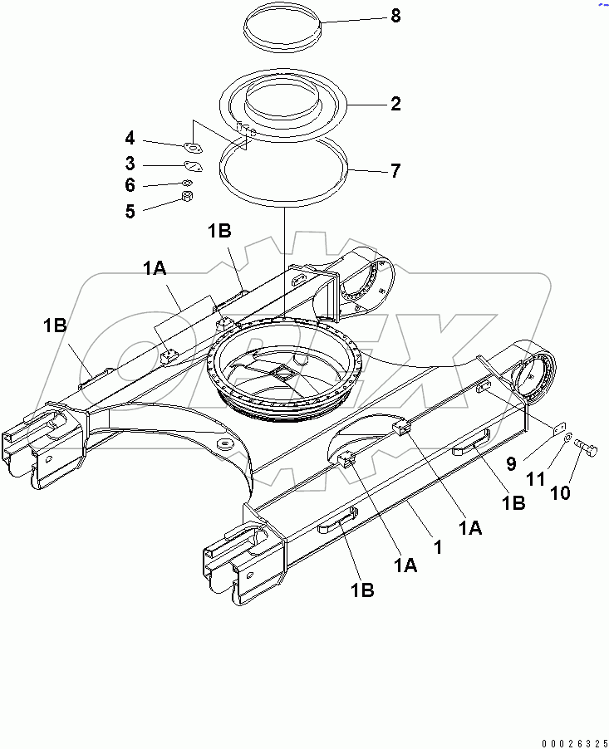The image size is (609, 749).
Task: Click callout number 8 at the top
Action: tap(395, 16)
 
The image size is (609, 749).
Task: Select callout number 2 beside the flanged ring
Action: tap(395, 104)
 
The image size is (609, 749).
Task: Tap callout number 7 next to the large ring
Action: tap(395, 171)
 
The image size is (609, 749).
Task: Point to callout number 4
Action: tap(130, 138)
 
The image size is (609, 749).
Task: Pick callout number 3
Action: tap(130, 163)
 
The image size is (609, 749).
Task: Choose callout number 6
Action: tap(130, 186)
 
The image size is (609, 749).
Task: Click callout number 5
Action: tap(130, 211)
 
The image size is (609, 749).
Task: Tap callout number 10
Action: tap(562, 492)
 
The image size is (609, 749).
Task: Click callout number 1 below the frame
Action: tap(437, 547)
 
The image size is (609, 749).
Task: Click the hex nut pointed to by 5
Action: tap(188, 198)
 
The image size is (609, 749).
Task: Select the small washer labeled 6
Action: tap(187, 182)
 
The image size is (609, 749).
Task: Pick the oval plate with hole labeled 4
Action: tap(194, 149)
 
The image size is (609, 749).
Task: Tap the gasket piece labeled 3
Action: tap(193, 166)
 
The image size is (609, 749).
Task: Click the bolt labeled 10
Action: tap(587, 448)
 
